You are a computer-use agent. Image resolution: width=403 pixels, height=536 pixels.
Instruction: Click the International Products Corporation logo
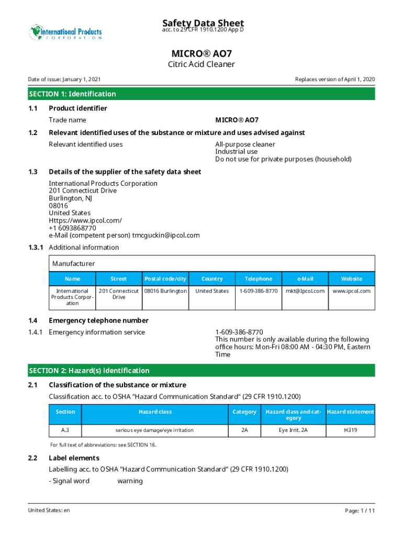pyautogui.click(x=65, y=32)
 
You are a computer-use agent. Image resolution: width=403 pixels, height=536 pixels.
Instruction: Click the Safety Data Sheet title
pyautogui.click(x=203, y=23)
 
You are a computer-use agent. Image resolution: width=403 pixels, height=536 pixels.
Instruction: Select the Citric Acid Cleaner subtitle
pyautogui.click(x=201, y=64)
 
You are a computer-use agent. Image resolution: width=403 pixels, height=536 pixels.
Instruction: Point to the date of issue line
pyautogui.click(x=64, y=80)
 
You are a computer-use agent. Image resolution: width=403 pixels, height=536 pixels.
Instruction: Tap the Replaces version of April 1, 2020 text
pyautogui.click(x=335, y=80)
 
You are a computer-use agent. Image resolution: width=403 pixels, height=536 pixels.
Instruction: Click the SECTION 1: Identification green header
pyautogui.click(x=72, y=94)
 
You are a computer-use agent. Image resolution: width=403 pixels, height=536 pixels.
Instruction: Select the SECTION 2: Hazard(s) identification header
pyautogui.click(x=89, y=371)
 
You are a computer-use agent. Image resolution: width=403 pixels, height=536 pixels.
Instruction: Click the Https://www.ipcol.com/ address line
pyautogui.click(x=85, y=220)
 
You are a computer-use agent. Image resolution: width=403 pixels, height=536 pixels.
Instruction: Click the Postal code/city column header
pyautogui.click(x=165, y=279)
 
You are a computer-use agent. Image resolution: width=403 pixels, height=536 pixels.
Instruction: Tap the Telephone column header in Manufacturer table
pyautogui.click(x=259, y=279)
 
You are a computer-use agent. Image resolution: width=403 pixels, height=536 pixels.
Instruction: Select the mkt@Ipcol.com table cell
pyautogui.click(x=305, y=291)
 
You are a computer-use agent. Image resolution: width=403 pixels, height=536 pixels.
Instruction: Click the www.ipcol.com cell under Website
pyautogui.click(x=352, y=291)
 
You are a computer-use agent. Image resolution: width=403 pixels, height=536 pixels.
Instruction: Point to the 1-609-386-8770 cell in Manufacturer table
pyautogui.click(x=259, y=291)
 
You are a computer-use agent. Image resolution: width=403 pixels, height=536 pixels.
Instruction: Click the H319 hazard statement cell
pyautogui.click(x=351, y=430)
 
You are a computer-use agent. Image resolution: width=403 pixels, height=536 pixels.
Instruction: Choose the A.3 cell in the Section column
pyautogui.click(x=65, y=430)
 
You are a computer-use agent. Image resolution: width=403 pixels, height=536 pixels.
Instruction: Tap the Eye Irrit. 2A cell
pyautogui.click(x=293, y=430)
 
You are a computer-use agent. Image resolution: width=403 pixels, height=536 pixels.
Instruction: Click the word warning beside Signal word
pyautogui.click(x=130, y=481)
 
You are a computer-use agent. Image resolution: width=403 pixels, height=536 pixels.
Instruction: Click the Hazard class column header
pyautogui.click(x=155, y=412)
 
